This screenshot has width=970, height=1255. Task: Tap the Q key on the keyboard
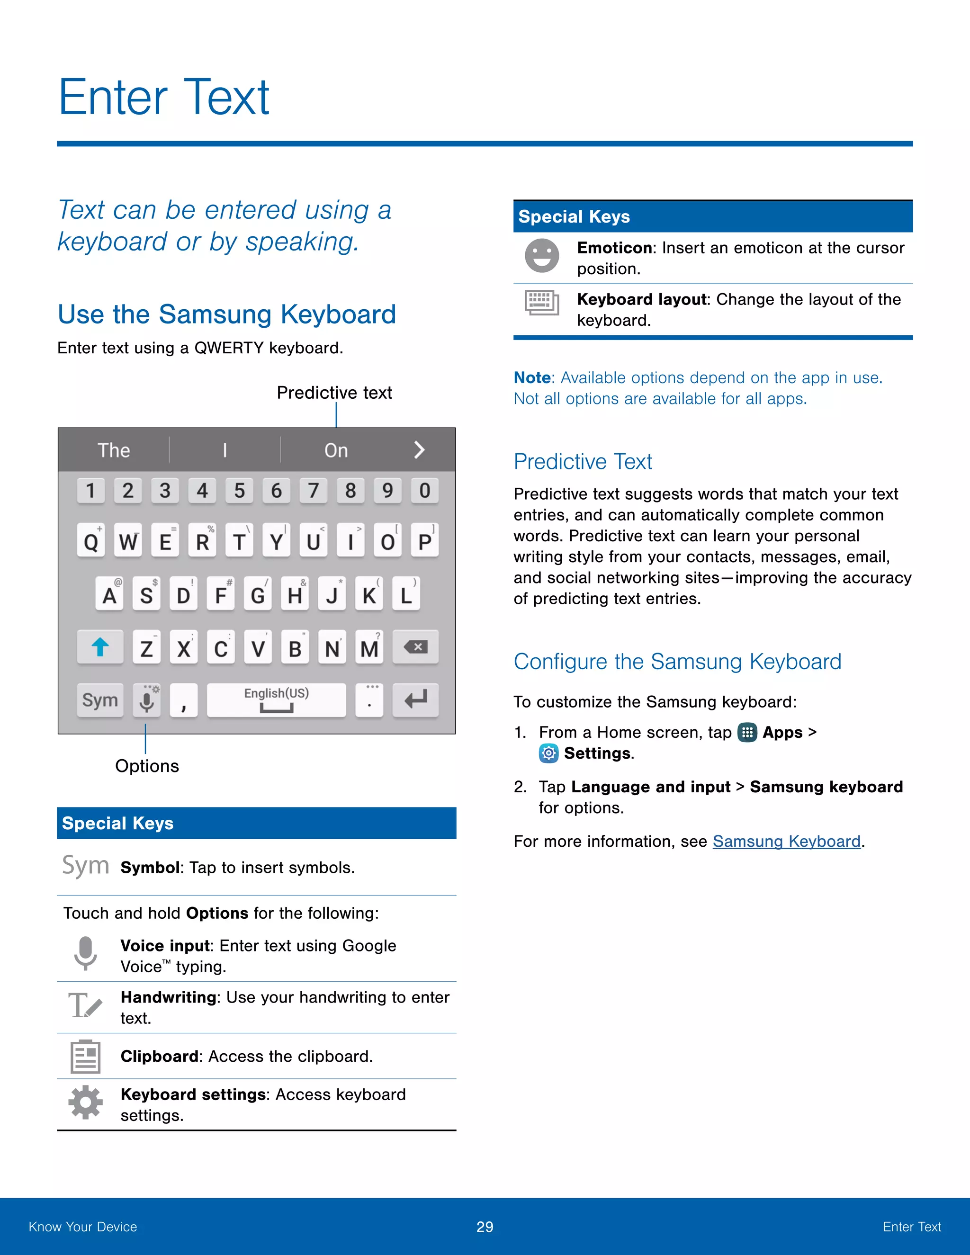91,541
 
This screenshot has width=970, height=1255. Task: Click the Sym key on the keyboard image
100,700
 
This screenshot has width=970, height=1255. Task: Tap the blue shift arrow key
100,647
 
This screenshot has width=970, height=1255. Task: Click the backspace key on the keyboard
415,647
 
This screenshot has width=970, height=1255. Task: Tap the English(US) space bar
277,700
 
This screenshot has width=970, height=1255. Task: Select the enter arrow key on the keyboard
415,700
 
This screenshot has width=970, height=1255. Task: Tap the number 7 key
313,491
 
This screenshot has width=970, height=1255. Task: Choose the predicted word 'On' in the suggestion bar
336,450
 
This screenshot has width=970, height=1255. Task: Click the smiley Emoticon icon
541,256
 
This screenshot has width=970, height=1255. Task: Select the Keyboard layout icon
541,302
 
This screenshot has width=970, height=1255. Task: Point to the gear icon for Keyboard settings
85,1102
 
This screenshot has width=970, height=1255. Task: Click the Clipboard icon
85,1056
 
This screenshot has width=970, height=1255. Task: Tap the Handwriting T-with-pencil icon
85,1005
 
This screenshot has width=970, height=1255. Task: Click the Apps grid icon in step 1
747,732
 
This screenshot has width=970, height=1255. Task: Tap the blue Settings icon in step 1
549,753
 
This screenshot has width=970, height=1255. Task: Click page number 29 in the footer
485,1227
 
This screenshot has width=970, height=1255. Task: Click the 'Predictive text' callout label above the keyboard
334,393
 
